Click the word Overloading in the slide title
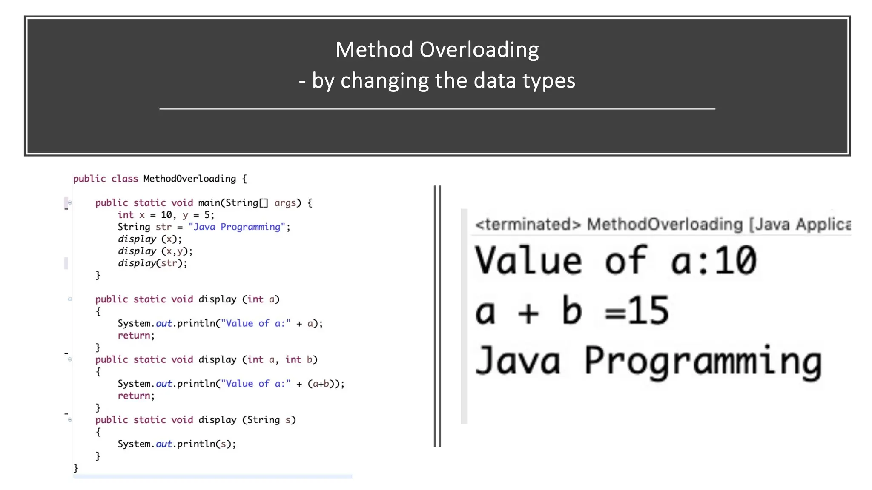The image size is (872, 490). (479, 50)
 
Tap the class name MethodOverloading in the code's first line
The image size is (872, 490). (189, 179)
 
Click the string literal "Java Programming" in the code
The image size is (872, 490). (236, 227)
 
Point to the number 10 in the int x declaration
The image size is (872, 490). (166, 215)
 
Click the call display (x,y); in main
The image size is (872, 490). (155, 251)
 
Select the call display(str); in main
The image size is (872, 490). (152, 263)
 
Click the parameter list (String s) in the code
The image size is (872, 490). (269, 420)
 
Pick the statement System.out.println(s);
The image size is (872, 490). (177, 444)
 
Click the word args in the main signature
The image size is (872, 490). (285, 203)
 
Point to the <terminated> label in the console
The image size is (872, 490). (528, 224)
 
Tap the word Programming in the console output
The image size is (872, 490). (703, 362)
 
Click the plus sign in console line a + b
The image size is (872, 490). (528, 313)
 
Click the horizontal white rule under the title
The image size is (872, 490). (437, 109)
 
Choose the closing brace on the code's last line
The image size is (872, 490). (76, 468)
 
